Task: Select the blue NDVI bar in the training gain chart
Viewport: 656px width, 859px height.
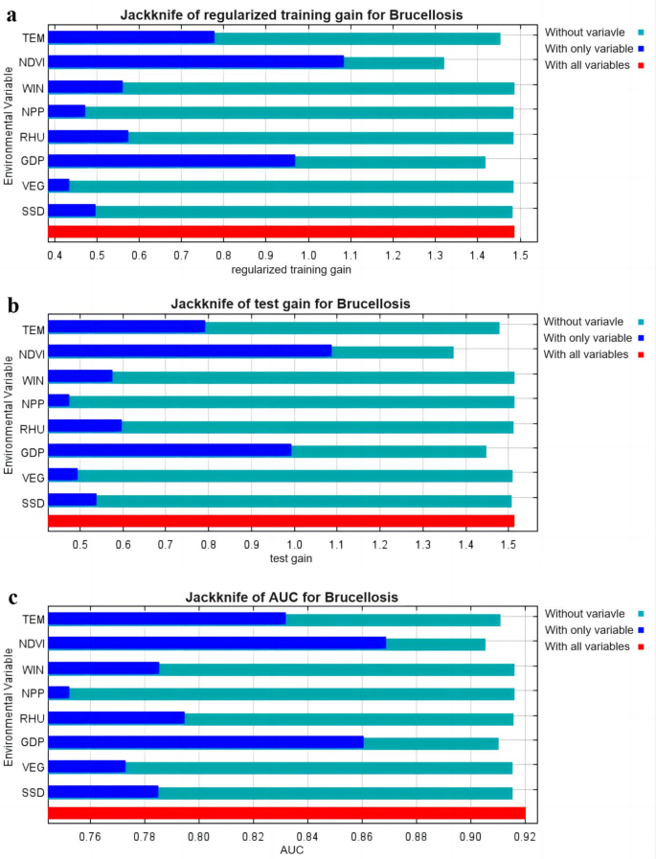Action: [x=195, y=62]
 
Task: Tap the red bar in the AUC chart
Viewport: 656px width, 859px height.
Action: [x=286, y=813]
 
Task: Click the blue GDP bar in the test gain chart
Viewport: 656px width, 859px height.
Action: [x=170, y=450]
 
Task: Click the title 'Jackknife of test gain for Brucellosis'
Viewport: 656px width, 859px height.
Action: [x=290, y=305]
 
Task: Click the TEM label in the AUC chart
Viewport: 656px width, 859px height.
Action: [x=32, y=619]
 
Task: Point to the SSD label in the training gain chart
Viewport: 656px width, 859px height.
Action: [x=32, y=211]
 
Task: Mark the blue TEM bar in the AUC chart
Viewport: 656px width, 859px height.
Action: [x=167, y=619]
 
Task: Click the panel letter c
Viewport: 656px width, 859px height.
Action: [x=12, y=599]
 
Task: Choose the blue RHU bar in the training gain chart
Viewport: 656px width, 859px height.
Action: [x=88, y=137]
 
